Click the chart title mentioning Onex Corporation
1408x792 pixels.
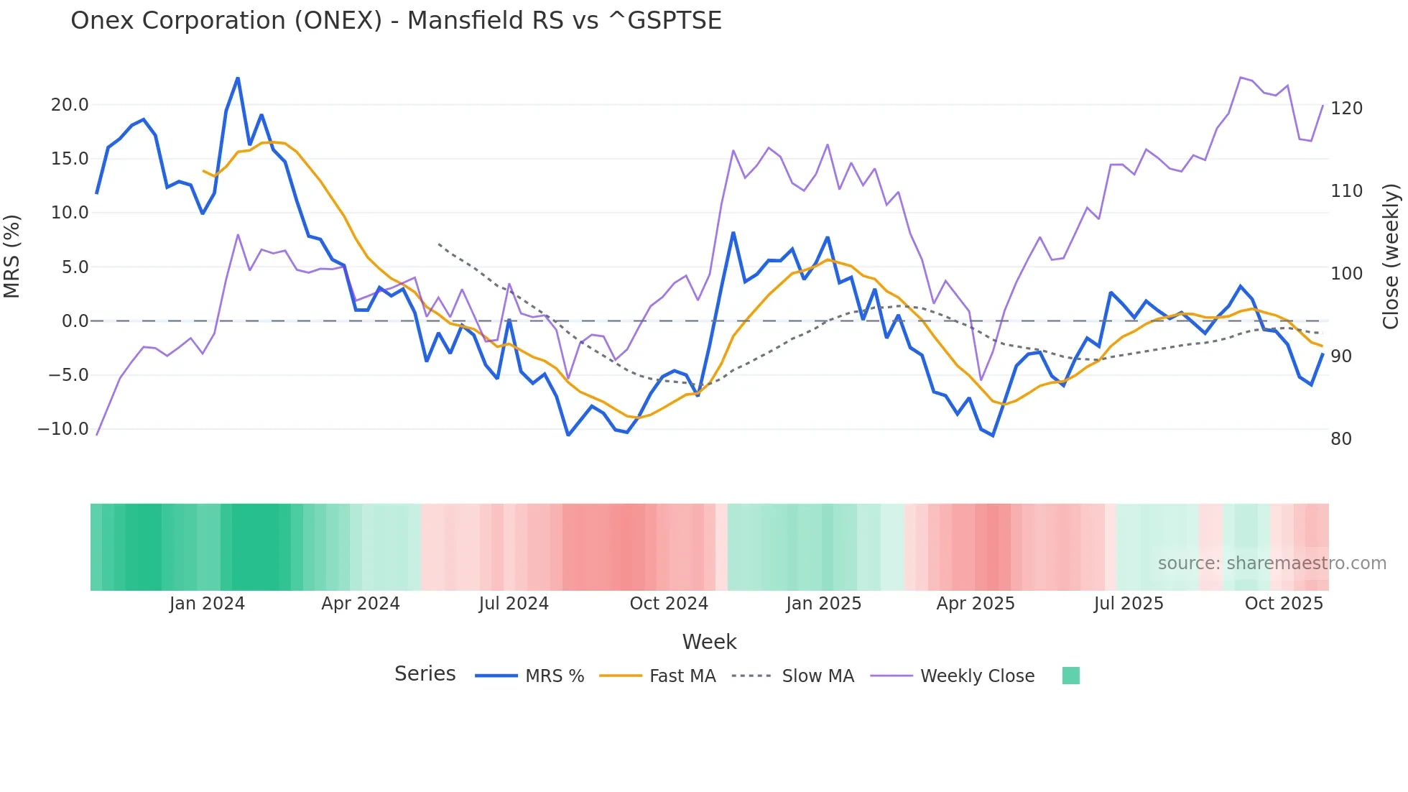tap(396, 21)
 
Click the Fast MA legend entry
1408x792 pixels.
tap(658, 676)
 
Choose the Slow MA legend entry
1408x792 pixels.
tap(793, 676)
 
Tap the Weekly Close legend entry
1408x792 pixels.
tap(953, 676)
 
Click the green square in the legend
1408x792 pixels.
tap(1070, 676)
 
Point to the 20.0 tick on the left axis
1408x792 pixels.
tap(70, 105)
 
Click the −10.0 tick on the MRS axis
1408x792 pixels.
tap(63, 429)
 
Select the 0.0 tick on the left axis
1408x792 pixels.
tap(75, 321)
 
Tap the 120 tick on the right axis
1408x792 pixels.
tap(1346, 109)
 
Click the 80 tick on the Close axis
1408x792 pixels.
tap(1340, 439)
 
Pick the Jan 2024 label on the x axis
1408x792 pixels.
tap(207, 604)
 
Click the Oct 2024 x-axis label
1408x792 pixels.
tap(669, 604)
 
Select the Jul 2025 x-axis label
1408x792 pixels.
tap(1129, 604)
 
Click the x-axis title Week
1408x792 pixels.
tap(709, 642)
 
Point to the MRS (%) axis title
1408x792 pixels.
tap(12, 257)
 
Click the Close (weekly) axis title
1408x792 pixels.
tap(1391, 257)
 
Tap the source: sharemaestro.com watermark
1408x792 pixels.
tap(1272, 563)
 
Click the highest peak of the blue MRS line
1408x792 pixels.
tap(238, 78)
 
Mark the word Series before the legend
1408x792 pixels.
tap(425, 674)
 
